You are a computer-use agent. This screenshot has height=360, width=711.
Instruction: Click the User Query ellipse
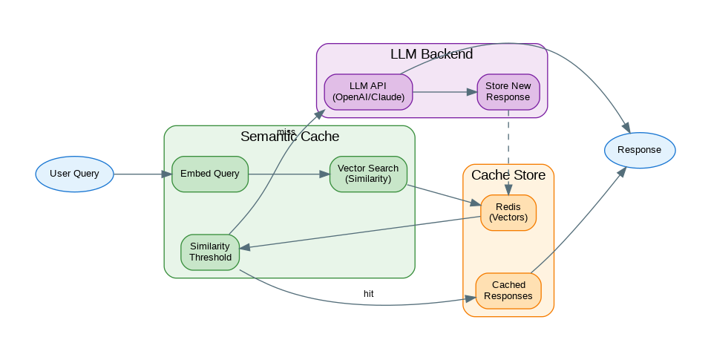(x=74, y=174)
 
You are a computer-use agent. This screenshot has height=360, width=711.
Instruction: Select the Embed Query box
(x=210, y=174)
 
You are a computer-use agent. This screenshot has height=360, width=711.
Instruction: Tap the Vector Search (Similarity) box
(x=368, y=174)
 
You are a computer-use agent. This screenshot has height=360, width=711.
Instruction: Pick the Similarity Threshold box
(x=210, y=252)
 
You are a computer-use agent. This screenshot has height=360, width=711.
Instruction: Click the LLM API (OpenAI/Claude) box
(x=368, y=92)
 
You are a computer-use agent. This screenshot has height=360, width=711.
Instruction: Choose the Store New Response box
(x=508, y=92)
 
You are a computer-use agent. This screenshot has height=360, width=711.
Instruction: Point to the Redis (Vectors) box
(x=508, y=212)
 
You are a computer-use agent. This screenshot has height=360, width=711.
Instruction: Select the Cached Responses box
(x=508, y=290)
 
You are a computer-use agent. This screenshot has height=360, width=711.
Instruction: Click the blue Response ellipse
(x=639, y=150)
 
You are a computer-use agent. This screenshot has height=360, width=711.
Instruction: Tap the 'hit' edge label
(x=368, y=294)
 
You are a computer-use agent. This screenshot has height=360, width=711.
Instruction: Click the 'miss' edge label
(x=286, y=132)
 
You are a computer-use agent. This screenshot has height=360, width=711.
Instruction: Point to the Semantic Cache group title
(x=289, y=137)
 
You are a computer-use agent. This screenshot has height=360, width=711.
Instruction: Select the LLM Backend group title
(x=431, y=54)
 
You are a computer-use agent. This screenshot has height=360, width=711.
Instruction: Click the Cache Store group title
(x=508, y=175)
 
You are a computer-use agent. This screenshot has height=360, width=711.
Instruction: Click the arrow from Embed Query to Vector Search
(x=289, y=174)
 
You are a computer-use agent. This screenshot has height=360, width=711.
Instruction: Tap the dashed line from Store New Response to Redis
(x=508, y=152)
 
